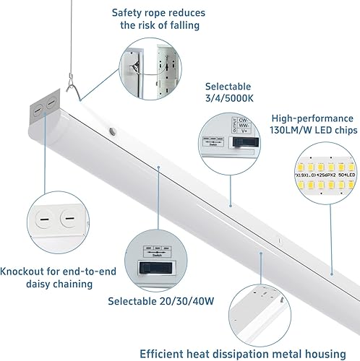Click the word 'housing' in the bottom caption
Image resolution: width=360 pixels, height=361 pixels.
point(329,353)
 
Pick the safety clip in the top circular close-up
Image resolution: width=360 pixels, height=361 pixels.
point(137,66)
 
